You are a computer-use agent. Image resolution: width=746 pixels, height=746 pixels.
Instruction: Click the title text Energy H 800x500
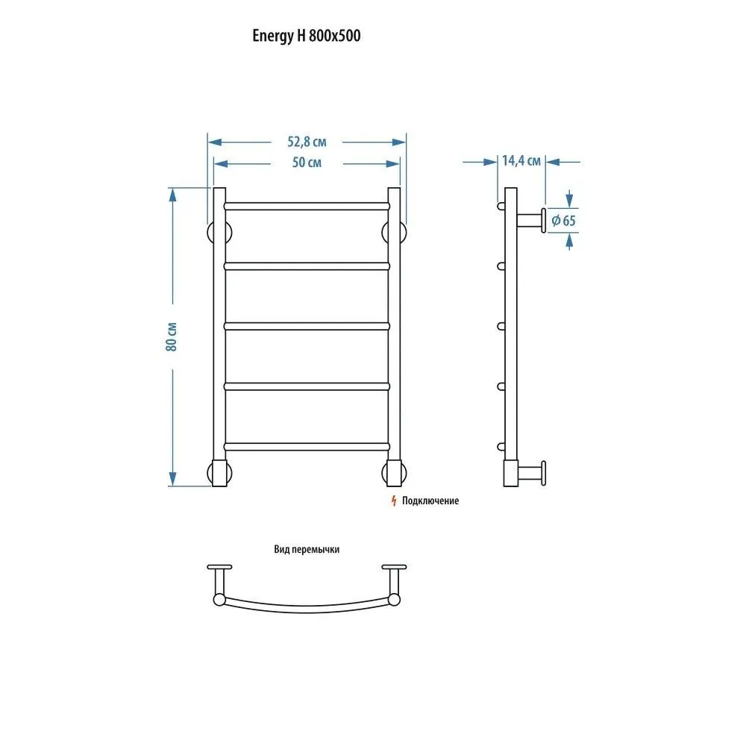point(307,36)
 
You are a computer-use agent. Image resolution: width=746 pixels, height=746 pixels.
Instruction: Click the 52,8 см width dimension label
point(307,142)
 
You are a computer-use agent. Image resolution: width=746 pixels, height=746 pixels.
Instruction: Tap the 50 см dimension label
point(307,163)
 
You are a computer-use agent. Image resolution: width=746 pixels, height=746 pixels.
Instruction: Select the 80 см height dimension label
point(172,337)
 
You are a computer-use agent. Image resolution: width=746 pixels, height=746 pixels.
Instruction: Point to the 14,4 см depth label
point(521,161)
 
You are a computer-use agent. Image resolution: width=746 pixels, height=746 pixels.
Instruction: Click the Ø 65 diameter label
point(563,221)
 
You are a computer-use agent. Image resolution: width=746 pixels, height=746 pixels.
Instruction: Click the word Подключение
point(430,501)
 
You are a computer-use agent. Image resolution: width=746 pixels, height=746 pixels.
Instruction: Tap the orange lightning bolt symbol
point(393,501)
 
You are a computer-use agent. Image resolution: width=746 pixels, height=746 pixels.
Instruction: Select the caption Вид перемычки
point(307,550)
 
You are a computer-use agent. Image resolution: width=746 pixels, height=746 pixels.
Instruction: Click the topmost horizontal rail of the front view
point(307,207)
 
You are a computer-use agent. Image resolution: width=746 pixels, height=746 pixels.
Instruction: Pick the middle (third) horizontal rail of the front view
point(307,327)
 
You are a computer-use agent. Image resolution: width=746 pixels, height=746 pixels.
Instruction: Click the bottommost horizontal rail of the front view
point(307,447)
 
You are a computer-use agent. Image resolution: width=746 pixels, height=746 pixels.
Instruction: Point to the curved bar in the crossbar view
point(307,609)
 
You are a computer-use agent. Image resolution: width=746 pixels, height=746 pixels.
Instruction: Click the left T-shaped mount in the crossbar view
point(219,585)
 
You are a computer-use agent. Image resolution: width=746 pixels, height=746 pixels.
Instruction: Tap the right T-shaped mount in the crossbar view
point(394,585)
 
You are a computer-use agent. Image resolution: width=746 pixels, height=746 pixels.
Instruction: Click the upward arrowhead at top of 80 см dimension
point(172,195)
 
